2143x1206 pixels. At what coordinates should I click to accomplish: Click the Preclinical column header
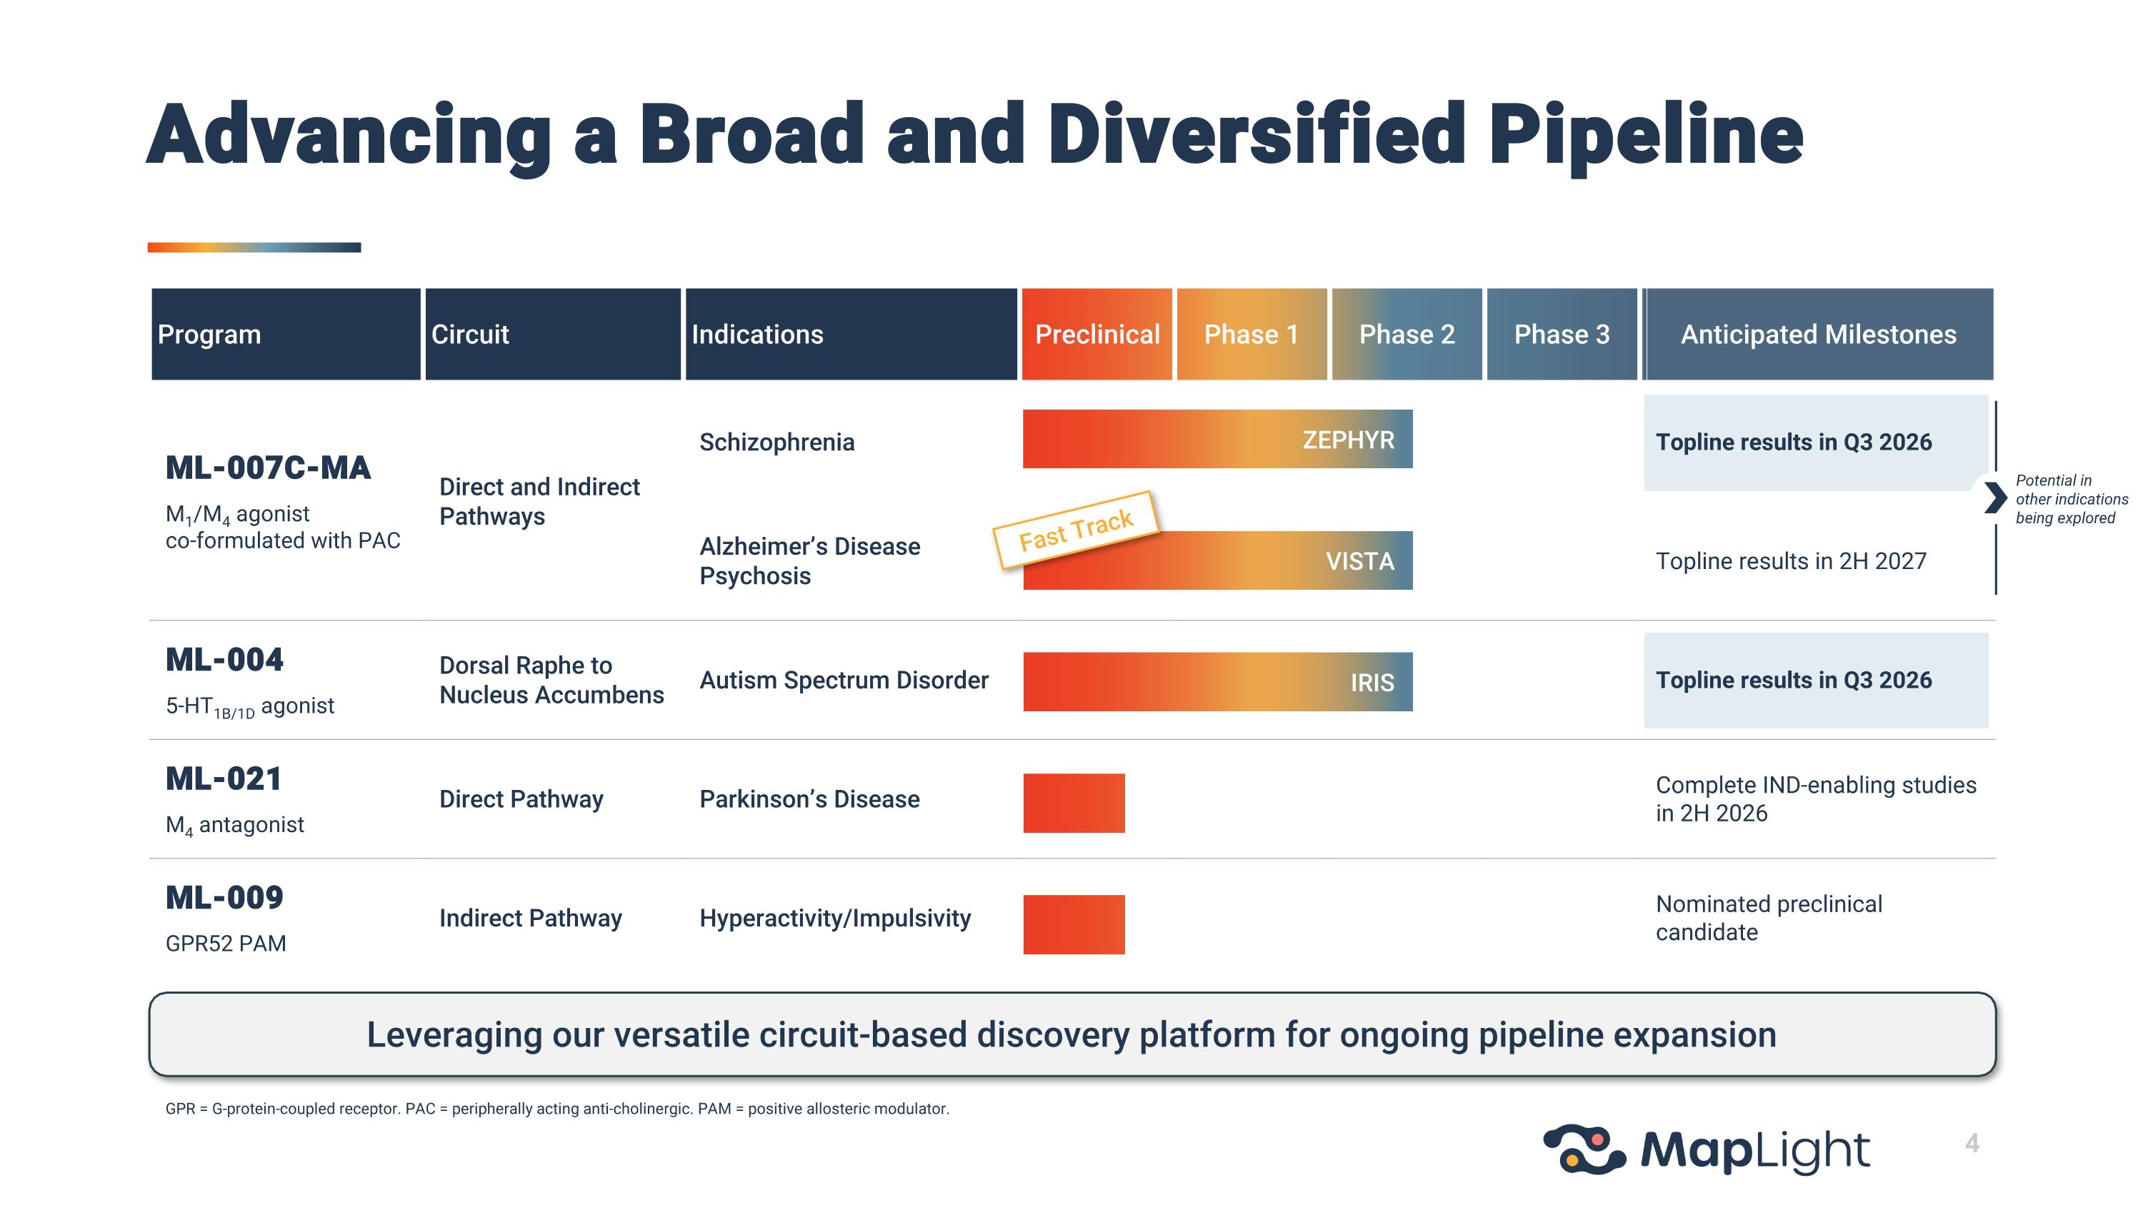click(x=1097, y=335)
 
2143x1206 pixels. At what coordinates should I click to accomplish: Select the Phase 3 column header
click(x=1562, y=335)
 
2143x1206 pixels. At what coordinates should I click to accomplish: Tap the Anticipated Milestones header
click(x=1818, y=335)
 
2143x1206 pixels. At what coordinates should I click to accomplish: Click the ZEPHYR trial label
click(x=1348, y=440)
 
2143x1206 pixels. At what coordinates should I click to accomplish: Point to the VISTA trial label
click(x=1359, y=561)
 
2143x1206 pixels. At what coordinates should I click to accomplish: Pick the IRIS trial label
click(x=1372, y=683)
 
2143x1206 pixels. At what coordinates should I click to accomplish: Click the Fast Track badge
click(x=1076, y=530)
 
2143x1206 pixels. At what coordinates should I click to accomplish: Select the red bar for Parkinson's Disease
click(x=1073, y=804)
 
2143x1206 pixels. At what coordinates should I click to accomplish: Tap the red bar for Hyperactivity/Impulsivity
click(x=1073, y=924)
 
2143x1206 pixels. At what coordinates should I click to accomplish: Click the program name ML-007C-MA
click(x=268, y=468)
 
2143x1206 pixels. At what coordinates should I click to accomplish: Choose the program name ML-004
click(x=224, y=660)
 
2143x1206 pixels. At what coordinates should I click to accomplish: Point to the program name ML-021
click(x=224, y=779)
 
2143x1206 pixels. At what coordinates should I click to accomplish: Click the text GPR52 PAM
click(x=226, y=943)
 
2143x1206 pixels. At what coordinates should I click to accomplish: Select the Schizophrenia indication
click(x=776, y=442)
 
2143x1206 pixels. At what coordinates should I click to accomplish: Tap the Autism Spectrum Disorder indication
click(x=844, y=680)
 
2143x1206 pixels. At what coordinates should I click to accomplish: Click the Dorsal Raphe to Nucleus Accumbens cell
click(x=551, y=680)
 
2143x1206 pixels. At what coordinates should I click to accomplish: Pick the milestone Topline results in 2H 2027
click(x=1790, y=561)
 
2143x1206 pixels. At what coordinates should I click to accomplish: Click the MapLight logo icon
click(x=1583, y=1150)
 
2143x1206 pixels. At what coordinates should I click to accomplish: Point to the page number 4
click(x=1972, y=1144)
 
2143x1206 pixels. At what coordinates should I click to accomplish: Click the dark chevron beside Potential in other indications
click(x=1994, y=498)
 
